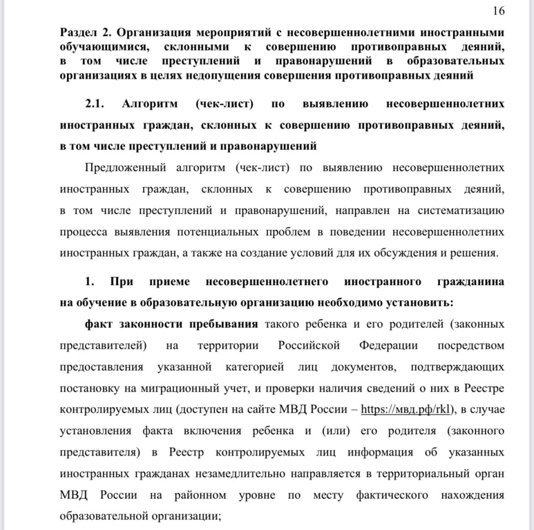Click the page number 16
(x=499, y=10)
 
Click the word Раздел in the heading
(x=79, y=32)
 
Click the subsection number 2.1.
(x=95, y=104)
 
